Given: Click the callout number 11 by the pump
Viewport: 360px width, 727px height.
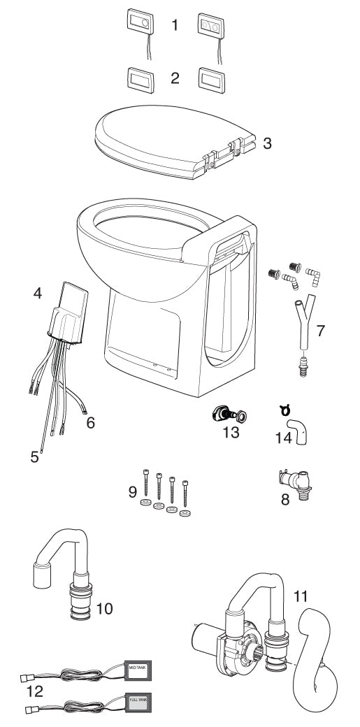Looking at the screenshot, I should point(300,597).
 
